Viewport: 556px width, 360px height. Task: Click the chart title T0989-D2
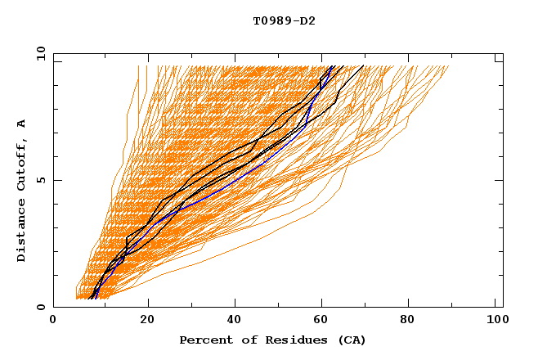click(x=284, y=20)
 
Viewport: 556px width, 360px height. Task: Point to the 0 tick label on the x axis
click(x=53, y=322)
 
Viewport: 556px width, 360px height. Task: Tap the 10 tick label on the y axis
click(x=38, y=53)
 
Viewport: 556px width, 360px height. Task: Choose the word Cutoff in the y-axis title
click(x=22, y=165)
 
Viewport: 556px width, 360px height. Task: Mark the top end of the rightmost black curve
click(x=364, y=65)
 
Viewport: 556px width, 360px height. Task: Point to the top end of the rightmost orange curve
click(x=449, y=66)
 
